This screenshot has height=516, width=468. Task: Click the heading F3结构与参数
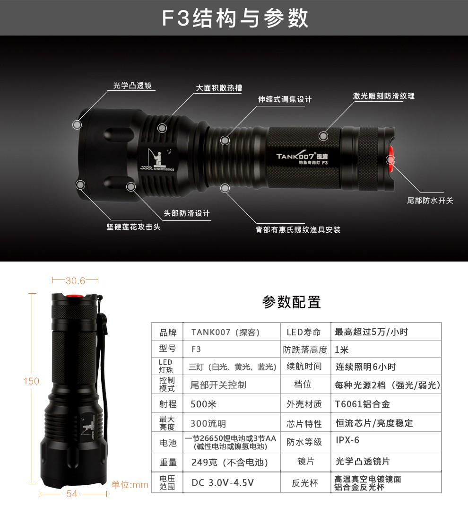coord(235,18)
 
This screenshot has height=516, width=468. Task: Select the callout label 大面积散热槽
coord(219,88)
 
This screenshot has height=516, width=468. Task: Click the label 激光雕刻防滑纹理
coord(383,96)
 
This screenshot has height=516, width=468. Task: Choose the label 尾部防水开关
coord(430,201)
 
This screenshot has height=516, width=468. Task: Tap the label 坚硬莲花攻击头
coord(133,227)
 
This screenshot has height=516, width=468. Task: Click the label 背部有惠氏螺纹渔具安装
coord(298,230)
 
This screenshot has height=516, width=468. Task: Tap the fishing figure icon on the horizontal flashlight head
coord(153,158)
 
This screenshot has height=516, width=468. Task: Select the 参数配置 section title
coord(292,302)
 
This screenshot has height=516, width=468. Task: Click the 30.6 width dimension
coord(75,281)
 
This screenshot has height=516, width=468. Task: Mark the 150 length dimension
coord(31,381)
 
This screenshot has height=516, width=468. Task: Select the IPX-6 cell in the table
coord(347,440)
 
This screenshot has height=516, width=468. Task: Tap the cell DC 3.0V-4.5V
coord(223,483)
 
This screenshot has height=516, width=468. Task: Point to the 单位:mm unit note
coord(130,485)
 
